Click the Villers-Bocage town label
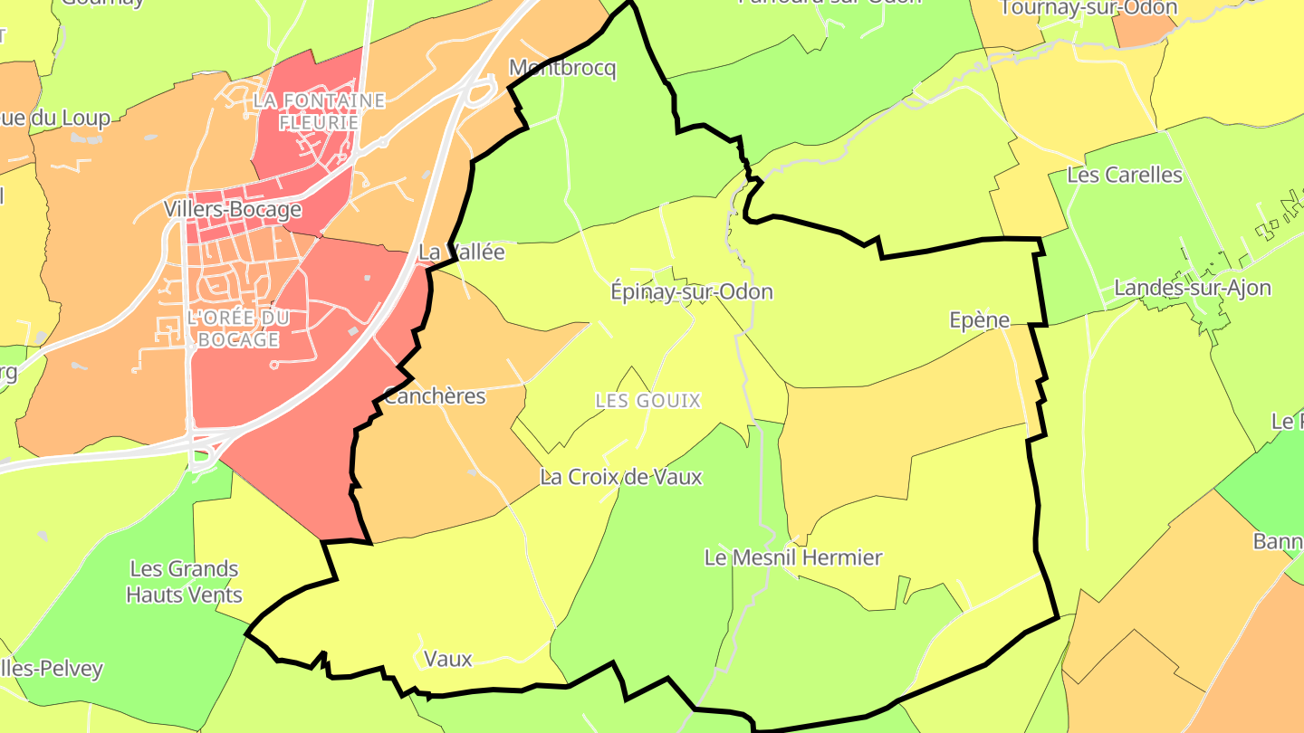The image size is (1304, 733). click(x=233, y=210)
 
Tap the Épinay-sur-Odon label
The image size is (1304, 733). click(x=692, y=291)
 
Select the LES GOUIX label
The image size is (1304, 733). click(x=648, y=400)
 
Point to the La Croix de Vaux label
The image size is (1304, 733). click(x=620, y=477)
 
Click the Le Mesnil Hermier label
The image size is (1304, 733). click(x=793, y=557)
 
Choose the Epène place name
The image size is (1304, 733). click(x=979, y=319)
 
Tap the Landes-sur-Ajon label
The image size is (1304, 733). click(x=1193, y=288)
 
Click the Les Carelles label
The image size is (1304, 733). click(x=1125, y=175)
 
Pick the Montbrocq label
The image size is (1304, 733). click(x=562, y=68)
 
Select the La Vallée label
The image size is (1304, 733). click(x=461, y=252)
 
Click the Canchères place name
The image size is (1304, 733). click(x=435, y=396)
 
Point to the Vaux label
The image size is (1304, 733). click(x=448, y=659)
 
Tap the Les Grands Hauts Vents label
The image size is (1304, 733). click(x=185, y=582)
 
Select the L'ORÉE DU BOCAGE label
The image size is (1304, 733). click(x=236, y=328)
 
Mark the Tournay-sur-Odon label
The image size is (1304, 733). click(x=1089, y=8)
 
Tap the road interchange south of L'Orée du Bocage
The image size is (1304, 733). click(x=204, y=449)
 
